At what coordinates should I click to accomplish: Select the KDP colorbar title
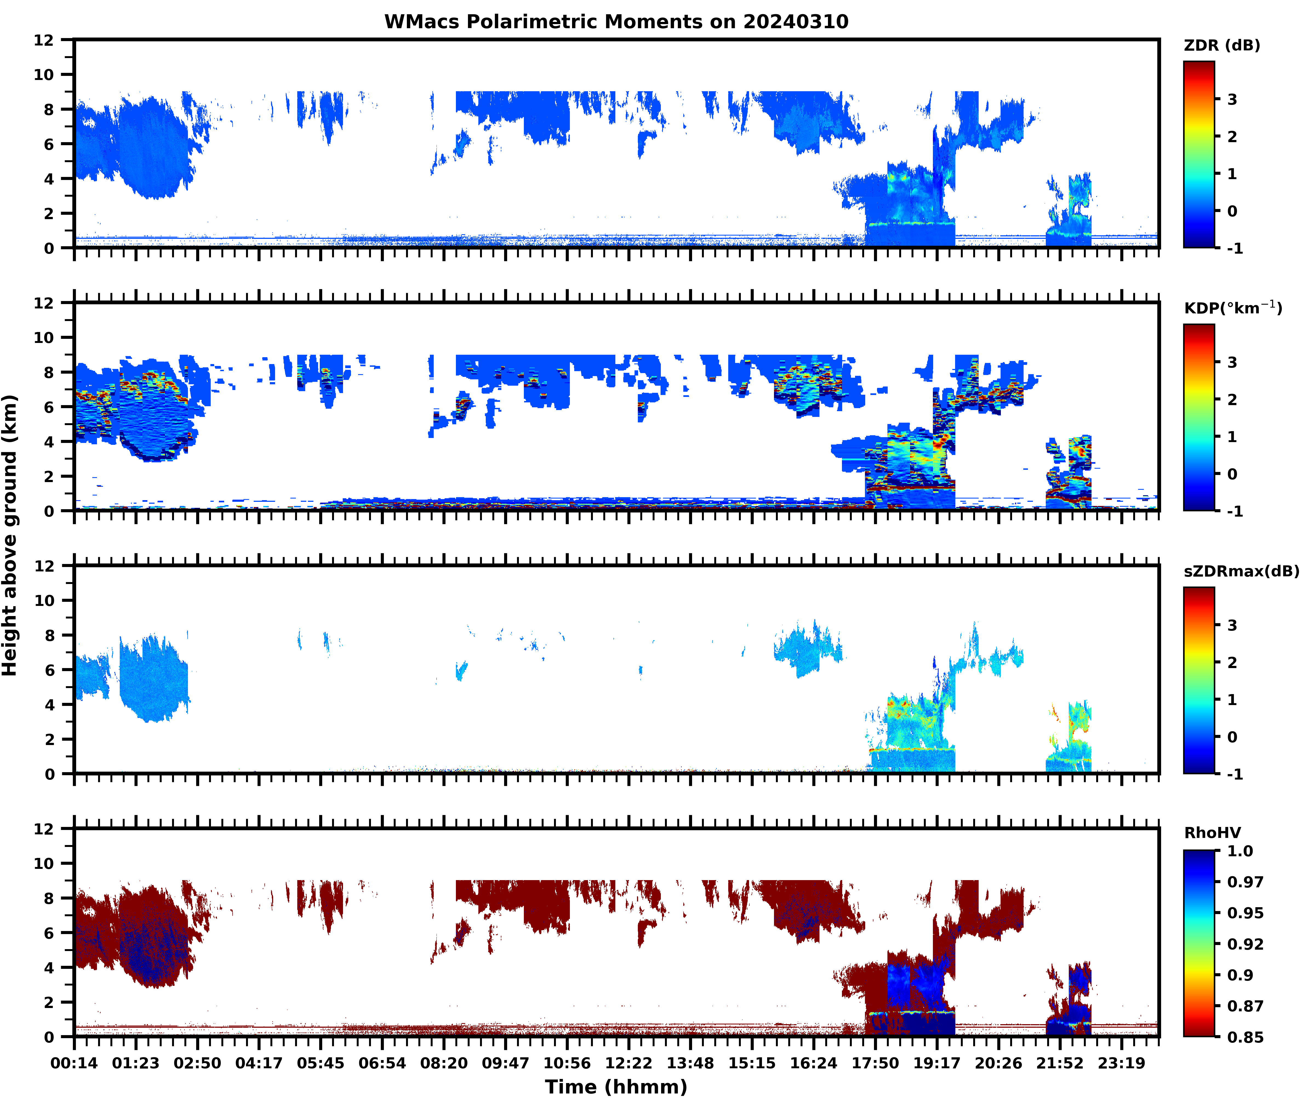1232,308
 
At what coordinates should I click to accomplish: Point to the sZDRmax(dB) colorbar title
1241,571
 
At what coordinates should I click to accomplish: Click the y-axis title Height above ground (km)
10,535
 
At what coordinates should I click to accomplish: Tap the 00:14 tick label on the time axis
74,1063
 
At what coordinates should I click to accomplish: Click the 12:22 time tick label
629,1063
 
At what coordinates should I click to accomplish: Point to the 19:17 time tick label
937,1063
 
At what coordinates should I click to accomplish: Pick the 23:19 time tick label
1121,1063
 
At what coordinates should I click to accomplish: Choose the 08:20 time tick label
444,1063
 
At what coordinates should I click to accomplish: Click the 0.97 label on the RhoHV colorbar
1245,882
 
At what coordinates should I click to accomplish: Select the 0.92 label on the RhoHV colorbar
1245,944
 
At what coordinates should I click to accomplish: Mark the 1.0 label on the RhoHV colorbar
1240,851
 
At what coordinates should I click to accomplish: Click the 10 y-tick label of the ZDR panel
44,74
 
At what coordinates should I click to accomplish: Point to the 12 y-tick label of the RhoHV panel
44,829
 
